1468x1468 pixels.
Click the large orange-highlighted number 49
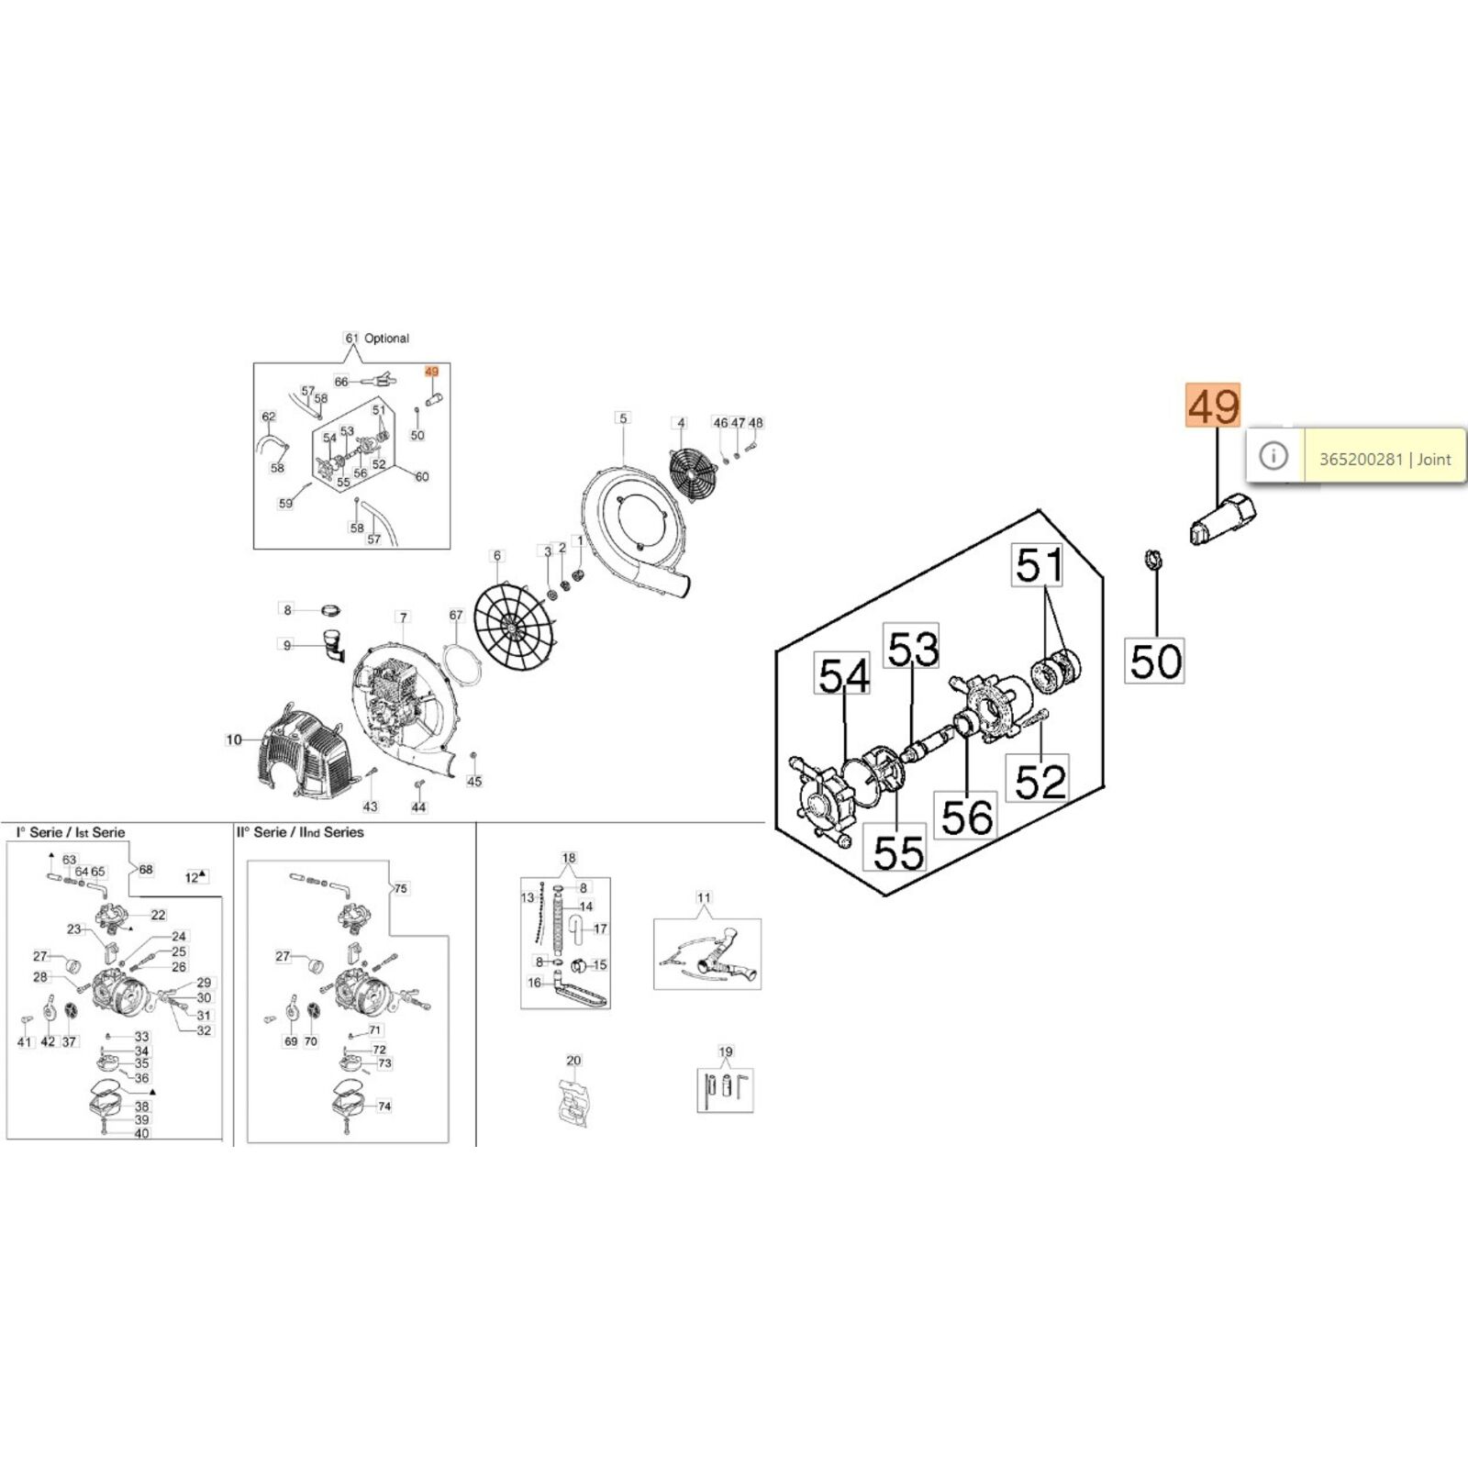[x=1213, y=406]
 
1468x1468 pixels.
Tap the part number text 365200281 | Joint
[x=1385, y=459]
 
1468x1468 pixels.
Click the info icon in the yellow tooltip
[x=1273, y=455]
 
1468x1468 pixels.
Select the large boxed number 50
[x=1155, y=661]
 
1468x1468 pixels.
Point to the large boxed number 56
[x=967, y=816]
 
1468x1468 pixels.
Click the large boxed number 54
[x=842, y=676]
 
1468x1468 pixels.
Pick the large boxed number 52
[x=1040, y=780]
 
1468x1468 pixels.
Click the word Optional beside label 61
[x=386, y=339]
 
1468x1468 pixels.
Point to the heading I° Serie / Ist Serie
[x=71, y=832]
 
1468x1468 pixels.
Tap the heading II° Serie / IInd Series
[x=300, y=832]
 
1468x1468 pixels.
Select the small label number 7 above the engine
[x=403, y=617]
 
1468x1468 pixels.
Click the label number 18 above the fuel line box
[x=569, y=859]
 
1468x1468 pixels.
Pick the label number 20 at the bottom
[x=573, y=1061]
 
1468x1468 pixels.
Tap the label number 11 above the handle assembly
[x=704, y=898]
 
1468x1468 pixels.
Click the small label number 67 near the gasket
[x=456, y=615]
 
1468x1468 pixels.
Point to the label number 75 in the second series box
[x=400, y=888]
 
